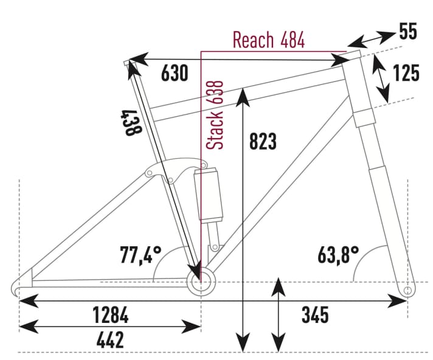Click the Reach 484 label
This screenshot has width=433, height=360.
pos(268,41)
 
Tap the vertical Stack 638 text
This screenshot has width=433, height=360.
pos(215,115)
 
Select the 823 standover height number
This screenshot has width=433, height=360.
pos(263,141)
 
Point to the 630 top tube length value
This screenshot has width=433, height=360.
pos(175,74)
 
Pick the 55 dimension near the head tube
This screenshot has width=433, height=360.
pos(409,32)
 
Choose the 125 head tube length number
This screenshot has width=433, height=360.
pos(406,73)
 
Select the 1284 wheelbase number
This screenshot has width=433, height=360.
pos(110,316)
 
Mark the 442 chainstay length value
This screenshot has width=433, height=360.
pos(110,340)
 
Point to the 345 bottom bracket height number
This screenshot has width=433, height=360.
pos(315,316)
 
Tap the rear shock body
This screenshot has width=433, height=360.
pos(209,195)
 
